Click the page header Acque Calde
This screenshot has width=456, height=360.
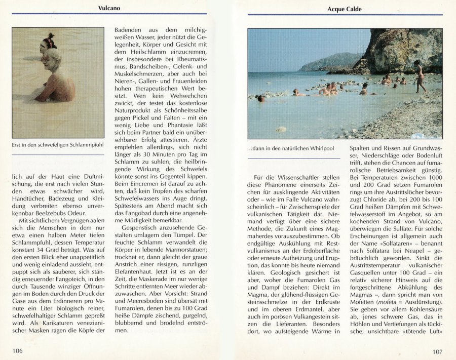tap(345, 9)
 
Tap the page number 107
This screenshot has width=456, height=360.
tap(438, 351)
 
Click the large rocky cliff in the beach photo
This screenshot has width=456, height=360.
tap(400, 48)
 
